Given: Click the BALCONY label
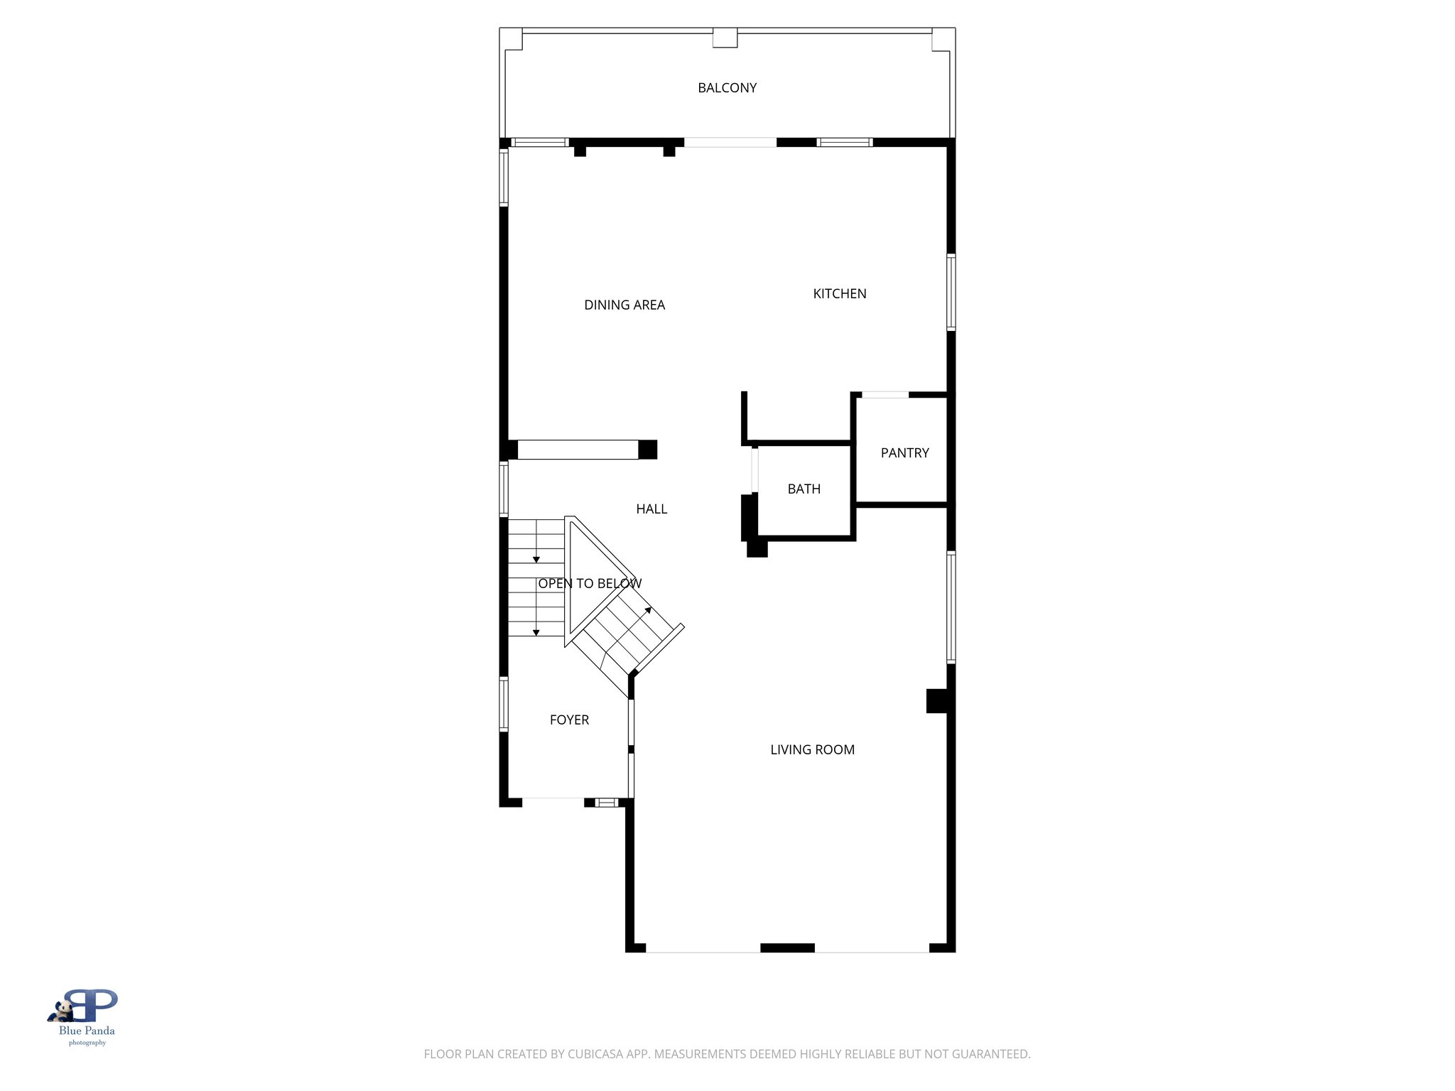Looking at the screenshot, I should (x=727, y=88).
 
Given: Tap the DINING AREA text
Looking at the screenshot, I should (x=624, y=305).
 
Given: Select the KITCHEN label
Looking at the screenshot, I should (x=839, y=294).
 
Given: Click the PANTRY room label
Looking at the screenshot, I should (x=904, y=453).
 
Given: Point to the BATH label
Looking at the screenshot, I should (x=804, y=489).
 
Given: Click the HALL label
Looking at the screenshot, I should (x=651, y=509).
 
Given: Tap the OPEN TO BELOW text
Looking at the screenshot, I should (x=590, y=584).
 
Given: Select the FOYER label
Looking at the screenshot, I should (x=569, y=720).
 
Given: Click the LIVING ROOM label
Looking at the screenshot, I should (x=812, y=750).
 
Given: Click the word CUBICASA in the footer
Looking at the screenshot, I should (x=595, y=1054).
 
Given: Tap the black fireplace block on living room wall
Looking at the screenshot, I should (x=936, y=701).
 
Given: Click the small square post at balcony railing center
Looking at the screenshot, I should (x=725, y=38).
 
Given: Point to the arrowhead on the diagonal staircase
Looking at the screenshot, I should (x=648, y=609).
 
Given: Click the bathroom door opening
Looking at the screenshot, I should (x=754, y=470).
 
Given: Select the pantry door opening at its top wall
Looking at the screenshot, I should (x=885, y=395).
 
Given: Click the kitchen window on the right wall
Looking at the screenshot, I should (x=951, y=293).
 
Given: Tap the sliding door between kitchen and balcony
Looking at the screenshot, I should (x=730, y=143).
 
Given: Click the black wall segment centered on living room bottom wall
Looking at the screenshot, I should (x=787, y=948).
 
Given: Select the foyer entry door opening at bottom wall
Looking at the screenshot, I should (x=553, y=803).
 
